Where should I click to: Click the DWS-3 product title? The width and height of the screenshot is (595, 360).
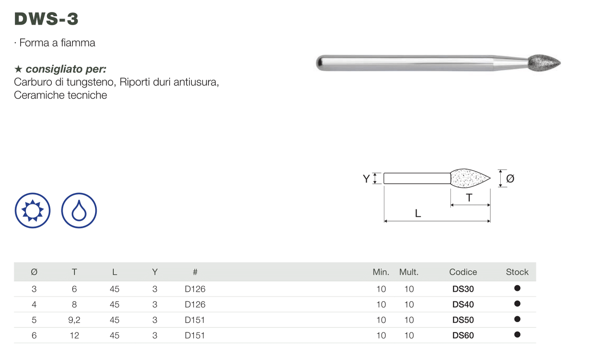(x=46, y=19)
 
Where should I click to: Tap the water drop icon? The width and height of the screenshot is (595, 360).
(x=79, y=211)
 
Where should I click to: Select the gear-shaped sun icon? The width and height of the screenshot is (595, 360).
(x=33, y=211)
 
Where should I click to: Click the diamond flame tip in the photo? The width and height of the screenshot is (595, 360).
(x=544, y=63)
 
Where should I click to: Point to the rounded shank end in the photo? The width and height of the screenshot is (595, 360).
(x=320, y=63)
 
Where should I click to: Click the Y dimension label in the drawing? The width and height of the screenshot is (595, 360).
(x=366, y=179)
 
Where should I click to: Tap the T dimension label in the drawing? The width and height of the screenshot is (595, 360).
(x=469, y=198)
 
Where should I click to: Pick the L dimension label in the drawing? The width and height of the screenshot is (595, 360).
(x=418, y=213)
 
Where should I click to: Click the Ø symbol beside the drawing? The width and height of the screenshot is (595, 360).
(x=510, y=179)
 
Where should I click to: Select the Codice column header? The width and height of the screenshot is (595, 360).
(x=463, y=272)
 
